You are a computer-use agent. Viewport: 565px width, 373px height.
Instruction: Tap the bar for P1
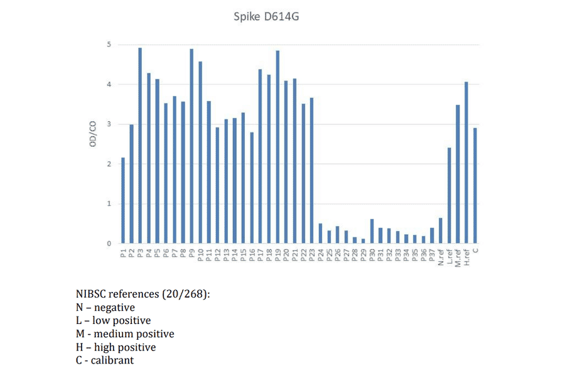pyautogui.click(x=123, y=200)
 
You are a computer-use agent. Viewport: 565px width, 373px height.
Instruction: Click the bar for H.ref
pyautogui.click(x=466, y=163)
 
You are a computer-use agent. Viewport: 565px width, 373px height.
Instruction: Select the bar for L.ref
pyautogui.click(x=449, y=195)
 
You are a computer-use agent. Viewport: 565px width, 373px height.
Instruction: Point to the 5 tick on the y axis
pyautogui.click(x=109, y=45)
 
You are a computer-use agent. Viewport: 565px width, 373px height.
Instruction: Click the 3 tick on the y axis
pyautogui.click(x=109, y=124)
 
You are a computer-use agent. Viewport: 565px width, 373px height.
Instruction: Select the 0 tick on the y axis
pyautogui.click(x=109, y=244)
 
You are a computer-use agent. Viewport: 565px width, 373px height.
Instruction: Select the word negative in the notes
pyautogui.click(x=114, y=307)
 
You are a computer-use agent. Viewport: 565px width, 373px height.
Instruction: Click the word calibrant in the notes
pyautogui.click(x=114, y=360)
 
